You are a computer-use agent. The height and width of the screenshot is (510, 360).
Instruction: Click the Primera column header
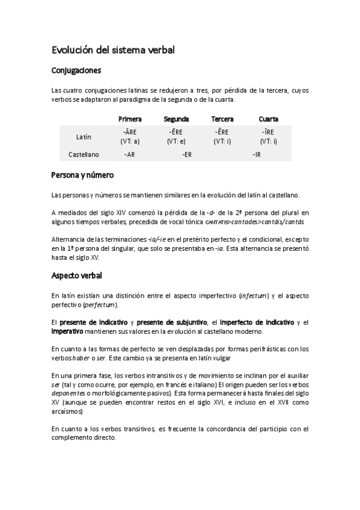[x=130, y=119]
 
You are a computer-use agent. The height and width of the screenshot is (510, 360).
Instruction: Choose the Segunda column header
[x=176, y=119]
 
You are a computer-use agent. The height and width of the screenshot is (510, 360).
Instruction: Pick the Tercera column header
[x=222, y=119]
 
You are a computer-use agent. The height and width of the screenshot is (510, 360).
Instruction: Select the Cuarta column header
[x=268, y=119]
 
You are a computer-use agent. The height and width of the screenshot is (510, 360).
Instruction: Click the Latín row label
[x=84, y=137]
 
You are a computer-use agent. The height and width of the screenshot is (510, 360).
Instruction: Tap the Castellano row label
[x=84, y=155]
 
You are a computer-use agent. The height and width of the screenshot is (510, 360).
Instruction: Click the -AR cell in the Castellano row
[x=129, y=155]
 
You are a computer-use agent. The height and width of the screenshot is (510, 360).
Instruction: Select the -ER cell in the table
[x=187, y=155]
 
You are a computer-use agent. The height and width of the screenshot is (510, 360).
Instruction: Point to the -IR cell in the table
[x=256, y=155]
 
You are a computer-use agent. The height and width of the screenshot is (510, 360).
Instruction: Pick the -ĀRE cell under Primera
[x=130, y=132]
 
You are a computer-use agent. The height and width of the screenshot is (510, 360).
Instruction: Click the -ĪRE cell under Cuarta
[x=268, y=132]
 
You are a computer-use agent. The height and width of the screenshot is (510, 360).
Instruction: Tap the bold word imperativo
[x=67, y=331]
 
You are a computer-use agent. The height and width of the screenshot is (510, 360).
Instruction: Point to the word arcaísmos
[x=68, y=412]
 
